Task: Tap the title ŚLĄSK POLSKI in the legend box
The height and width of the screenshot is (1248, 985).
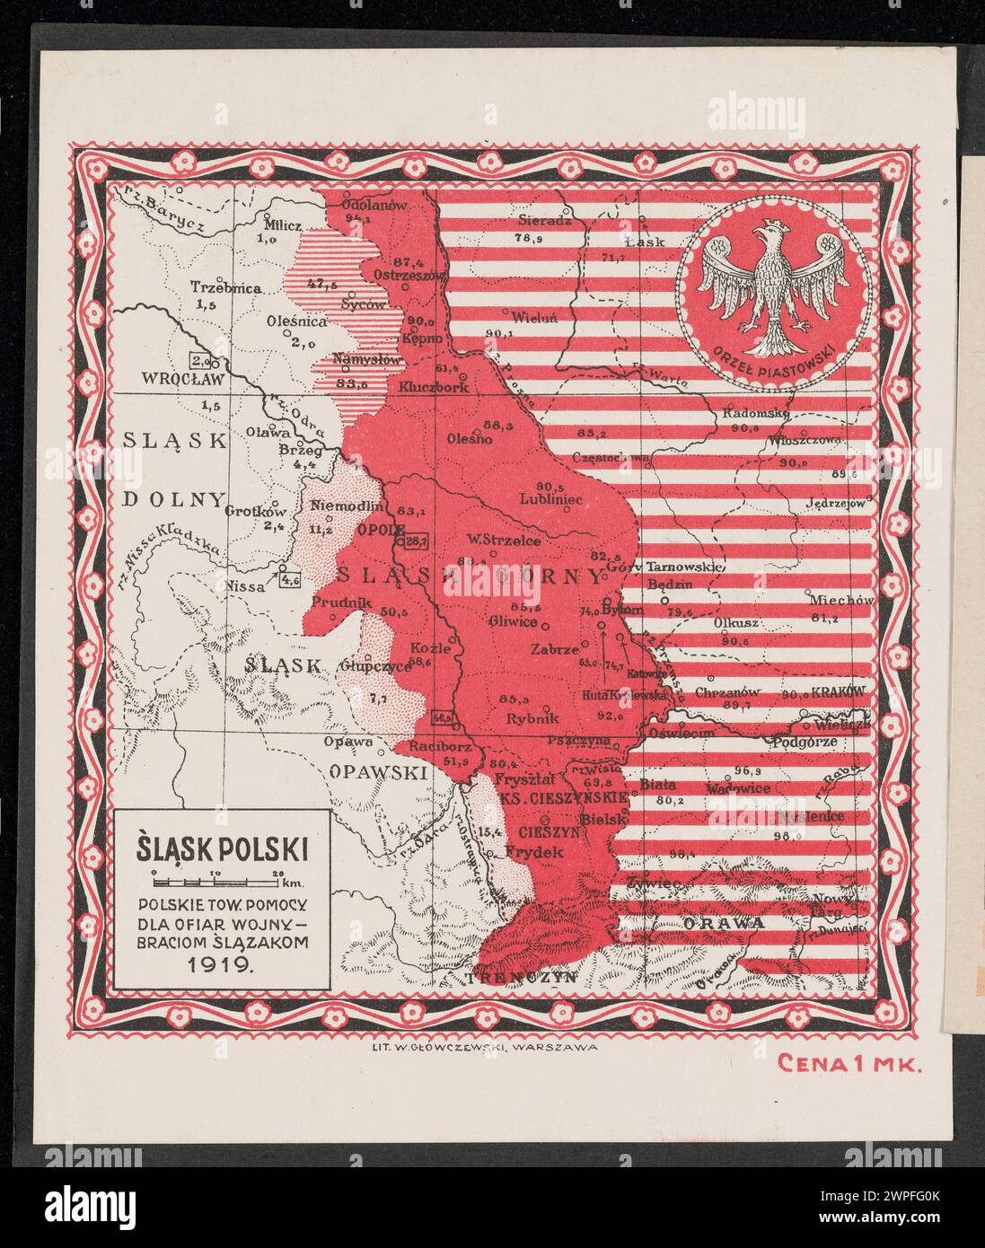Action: [x=222, y=847]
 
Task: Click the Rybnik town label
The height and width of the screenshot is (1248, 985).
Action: [x=532, y=718]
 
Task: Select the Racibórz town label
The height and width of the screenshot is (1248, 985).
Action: [x=439, y=747]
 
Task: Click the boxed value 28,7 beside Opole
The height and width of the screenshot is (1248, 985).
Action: [x=418, y=541]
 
